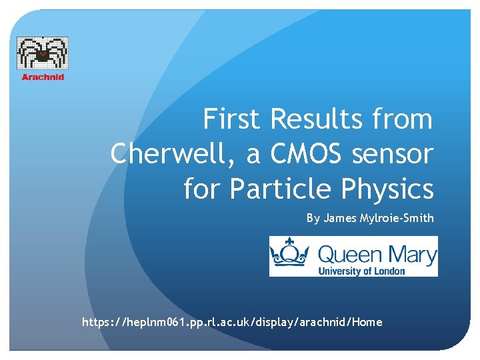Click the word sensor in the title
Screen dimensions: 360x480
395,155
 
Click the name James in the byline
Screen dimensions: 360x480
339,218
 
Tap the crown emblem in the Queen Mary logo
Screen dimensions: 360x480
291,256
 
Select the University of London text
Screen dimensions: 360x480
361,271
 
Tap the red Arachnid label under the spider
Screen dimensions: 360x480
43,77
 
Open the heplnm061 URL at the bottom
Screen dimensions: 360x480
232,322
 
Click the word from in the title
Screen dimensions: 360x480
403,119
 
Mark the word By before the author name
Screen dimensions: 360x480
313,218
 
